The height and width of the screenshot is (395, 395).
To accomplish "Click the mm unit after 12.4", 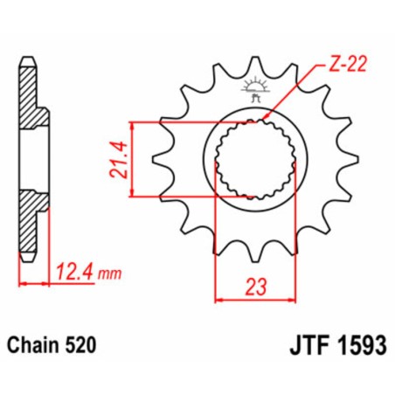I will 107,273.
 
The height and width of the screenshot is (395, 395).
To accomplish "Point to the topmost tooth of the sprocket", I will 255,66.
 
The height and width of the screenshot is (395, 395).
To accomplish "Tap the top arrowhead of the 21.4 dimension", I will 135,124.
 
